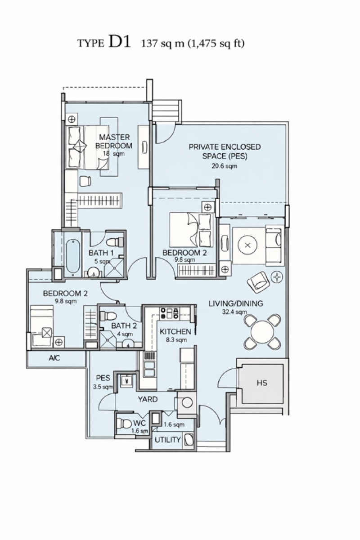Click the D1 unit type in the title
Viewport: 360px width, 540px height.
point(120,42)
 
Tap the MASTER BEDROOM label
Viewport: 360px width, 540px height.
point(114,142)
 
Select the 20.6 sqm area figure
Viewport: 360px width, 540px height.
point(225,166)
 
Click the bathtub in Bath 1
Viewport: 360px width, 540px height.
point(73,257)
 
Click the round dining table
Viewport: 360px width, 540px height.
point(262,332)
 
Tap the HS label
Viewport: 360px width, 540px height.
point(262,383)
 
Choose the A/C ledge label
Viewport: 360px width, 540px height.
point(54,358)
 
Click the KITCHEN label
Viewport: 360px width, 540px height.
point(175,331)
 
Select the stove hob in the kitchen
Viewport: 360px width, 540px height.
point(169,312)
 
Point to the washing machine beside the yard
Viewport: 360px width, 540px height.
point(186,402)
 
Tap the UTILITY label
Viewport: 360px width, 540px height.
point(168,440)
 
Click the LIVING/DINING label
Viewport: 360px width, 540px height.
point(236,303)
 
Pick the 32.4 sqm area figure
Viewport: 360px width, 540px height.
point(234,312)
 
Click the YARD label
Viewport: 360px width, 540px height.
point(148,399)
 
